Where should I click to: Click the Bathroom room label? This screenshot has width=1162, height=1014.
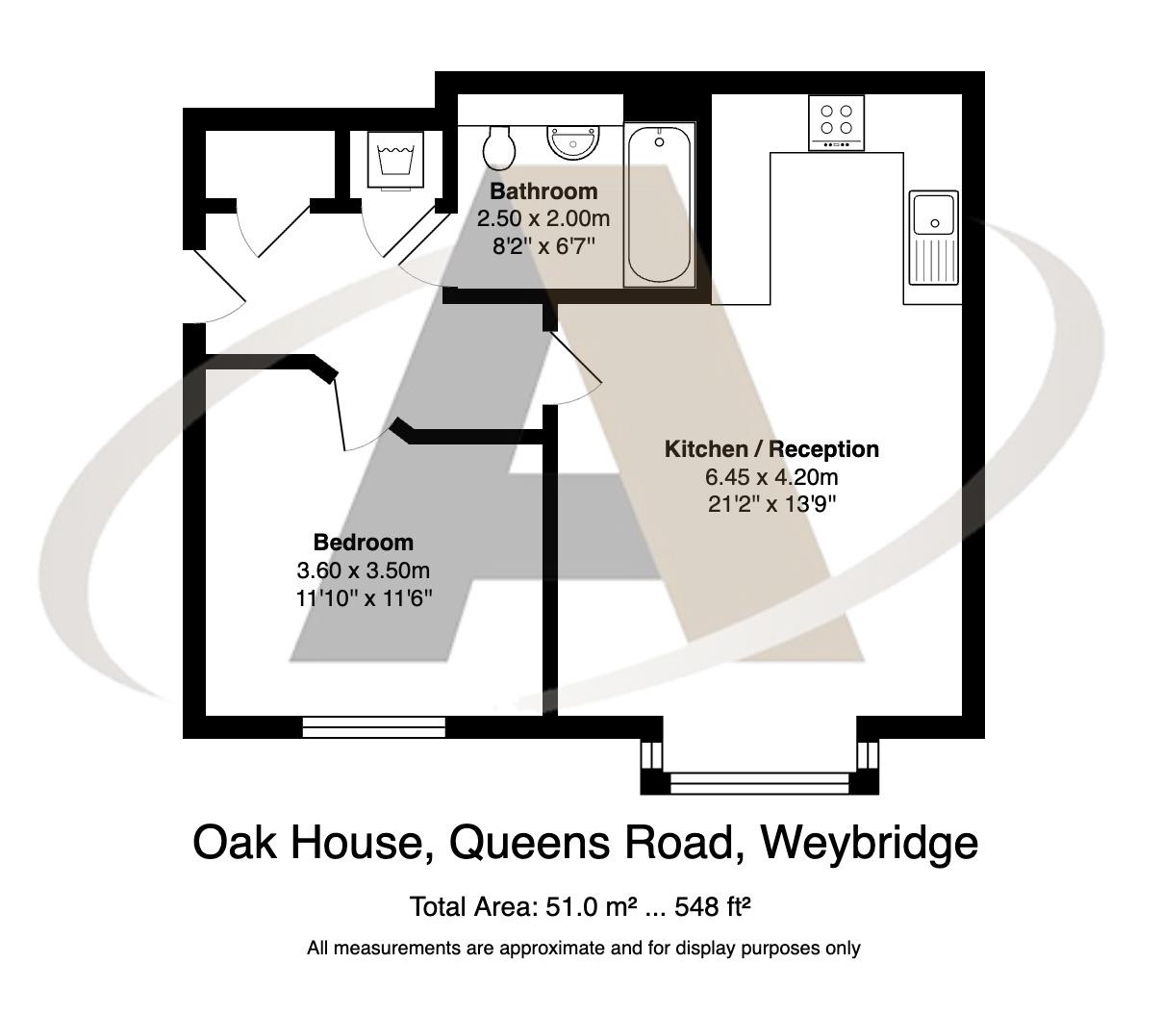(x=543, y=190)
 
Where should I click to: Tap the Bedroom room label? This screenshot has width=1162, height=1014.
(x=363, y=542)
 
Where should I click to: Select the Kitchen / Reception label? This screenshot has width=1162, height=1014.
(x=771, y=449)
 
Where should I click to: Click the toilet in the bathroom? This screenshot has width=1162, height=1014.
(x=499, y=145)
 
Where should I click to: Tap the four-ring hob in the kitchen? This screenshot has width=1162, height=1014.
(x=836, y=120)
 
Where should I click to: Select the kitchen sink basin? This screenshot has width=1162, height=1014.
(x=933, y=214)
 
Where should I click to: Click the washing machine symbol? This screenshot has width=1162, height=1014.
(x=396, y=158)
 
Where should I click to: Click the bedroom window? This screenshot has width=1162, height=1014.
(x=374, y=727)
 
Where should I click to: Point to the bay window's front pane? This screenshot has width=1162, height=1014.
(x=760, y=783)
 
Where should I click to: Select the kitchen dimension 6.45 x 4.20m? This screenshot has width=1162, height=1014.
(x=771, y=476)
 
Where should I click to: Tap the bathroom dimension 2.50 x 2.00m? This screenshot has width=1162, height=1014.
(x=543, y=218)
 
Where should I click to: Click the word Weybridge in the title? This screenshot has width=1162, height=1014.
(x=869, y=843)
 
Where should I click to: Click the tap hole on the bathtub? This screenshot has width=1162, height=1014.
(x=659, y=142)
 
